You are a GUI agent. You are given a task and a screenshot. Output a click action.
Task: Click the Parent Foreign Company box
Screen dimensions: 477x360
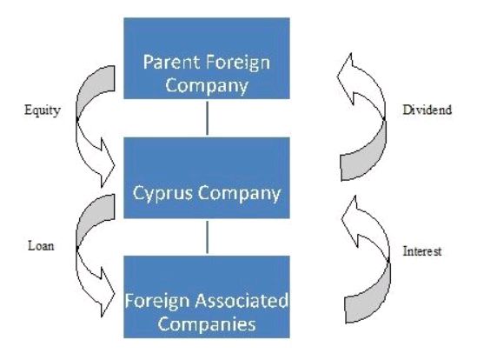coord(207,58)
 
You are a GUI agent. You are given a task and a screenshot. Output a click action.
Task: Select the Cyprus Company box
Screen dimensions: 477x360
coord(207,178)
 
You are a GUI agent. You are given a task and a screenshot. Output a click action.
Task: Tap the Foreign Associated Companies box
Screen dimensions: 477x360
coord(207,297)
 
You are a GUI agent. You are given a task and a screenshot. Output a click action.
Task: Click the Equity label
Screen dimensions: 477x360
coord(43,110)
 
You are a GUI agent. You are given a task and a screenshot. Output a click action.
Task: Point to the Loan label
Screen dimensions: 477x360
coord(41,245)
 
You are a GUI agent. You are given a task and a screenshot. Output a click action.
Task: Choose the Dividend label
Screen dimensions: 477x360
coord(427,110)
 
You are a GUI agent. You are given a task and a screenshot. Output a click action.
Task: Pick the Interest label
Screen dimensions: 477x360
coord(422,251)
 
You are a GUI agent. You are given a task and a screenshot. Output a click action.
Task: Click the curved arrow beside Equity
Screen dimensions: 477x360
coord(77,119)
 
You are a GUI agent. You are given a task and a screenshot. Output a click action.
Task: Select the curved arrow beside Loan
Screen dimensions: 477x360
coord(77,248)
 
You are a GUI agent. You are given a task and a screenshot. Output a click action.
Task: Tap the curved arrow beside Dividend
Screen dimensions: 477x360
coord(385,117)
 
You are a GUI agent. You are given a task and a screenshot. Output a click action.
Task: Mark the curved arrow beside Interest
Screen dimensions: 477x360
coord(388,260)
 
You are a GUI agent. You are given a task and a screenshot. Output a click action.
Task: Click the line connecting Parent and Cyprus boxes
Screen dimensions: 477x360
coord(207,118)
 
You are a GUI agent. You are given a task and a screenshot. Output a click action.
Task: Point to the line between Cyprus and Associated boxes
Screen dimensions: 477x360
coord(207,237)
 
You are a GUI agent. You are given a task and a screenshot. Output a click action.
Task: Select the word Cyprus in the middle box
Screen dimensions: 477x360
coord(162,194)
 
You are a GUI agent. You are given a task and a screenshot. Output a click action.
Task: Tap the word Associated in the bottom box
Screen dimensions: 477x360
coord(242,301)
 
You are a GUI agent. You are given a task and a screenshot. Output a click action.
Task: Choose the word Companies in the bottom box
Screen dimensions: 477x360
coord(207,324)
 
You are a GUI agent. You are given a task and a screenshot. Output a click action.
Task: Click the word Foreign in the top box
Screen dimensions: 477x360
coord(238,63)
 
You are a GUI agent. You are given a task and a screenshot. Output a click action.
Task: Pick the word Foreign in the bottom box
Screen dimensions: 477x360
coord(157,302)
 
